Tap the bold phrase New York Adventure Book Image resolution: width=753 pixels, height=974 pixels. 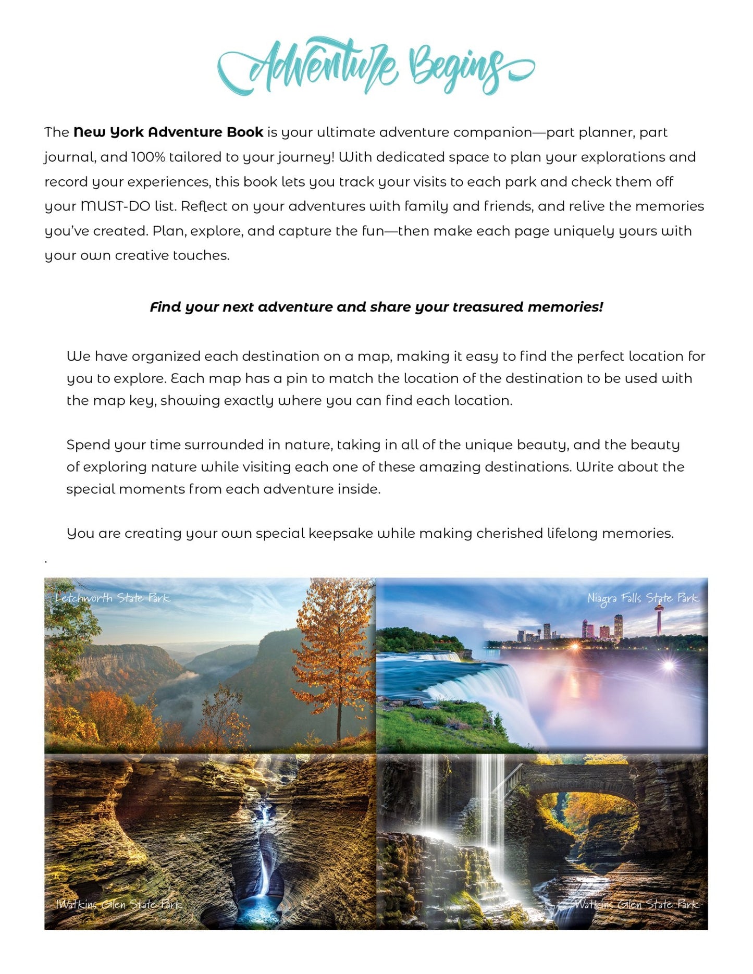coord(168,132)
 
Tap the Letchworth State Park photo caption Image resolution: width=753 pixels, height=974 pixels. coord(113,598)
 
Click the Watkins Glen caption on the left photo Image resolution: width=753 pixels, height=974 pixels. coord(118,905)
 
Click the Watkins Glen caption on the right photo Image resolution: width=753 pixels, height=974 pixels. coord(636,905)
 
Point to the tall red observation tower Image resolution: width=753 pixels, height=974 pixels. coord(659,618)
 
